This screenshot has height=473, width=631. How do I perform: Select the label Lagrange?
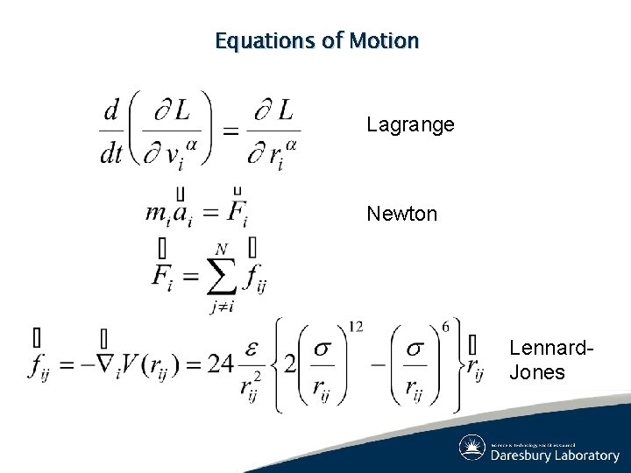pyautogui.click(x=410, y=124)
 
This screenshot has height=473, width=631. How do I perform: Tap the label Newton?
pyautogui.click(x=402, y=214)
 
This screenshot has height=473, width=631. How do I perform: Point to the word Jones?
pyautogui.click(x=537, y=371)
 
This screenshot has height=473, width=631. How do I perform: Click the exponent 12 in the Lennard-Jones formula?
pyautogui.click(x=356, y=326)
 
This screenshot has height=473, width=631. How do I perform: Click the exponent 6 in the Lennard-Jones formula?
pyautogui.click(x=445, y=326)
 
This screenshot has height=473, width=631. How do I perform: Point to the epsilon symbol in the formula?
pyautogui.click(x=251, y=348)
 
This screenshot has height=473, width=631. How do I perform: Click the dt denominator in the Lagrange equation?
pyautogui.click(x=111, y=154)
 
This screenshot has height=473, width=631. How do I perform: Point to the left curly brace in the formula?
pyautogui.click(x=280, y=364)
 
